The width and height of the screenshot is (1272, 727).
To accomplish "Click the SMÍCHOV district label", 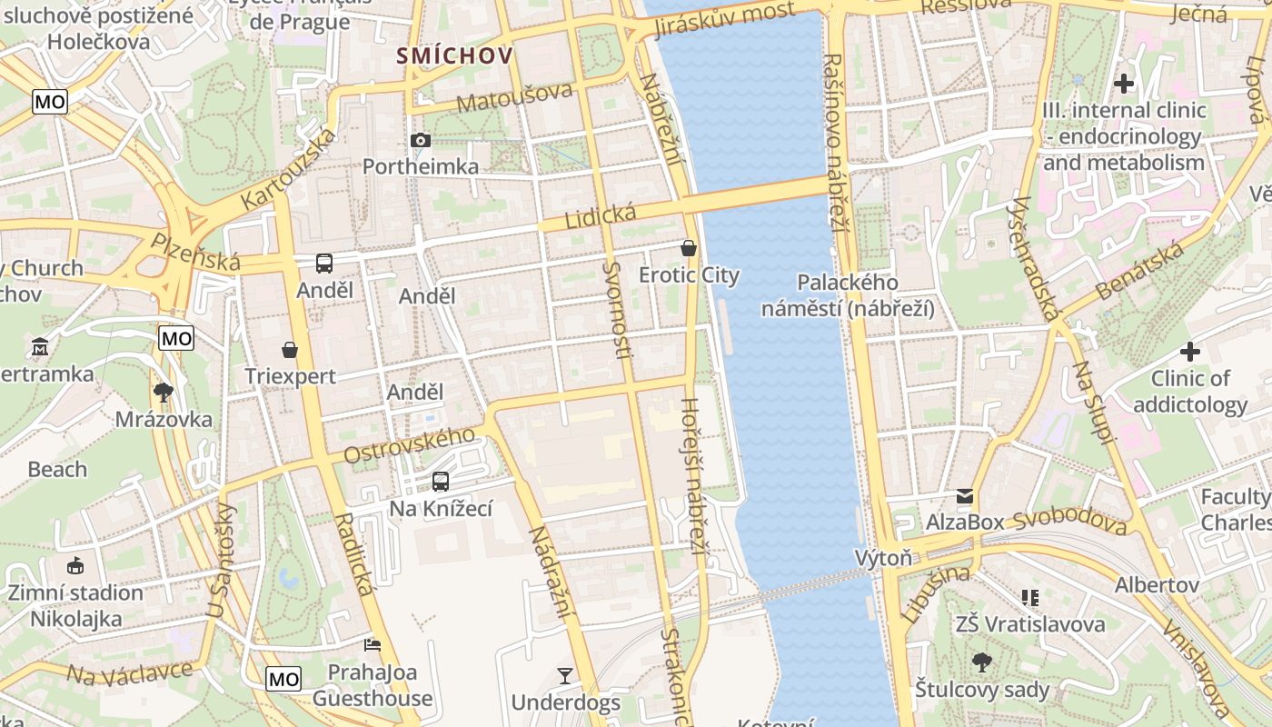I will point(454,56).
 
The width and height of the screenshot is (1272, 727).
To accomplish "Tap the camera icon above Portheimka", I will point(421,140).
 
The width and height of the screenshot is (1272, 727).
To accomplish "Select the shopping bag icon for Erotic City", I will point(689,247).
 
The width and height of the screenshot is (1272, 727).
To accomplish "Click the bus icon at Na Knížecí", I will point(441,481).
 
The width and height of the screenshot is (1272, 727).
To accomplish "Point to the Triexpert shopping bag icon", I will point(290,349).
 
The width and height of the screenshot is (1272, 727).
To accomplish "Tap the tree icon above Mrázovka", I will point(164,393).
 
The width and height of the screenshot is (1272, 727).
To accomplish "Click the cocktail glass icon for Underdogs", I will point(565,675).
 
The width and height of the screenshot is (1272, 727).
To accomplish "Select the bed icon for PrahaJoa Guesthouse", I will point(372,644).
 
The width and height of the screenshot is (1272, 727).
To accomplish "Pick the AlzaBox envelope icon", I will point(964,495).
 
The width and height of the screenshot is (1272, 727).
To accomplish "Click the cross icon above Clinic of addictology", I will point(1190,352).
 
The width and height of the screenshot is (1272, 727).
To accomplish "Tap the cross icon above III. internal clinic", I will point(1124,84).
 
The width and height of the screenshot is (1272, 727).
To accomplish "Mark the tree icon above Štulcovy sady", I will point(981,662).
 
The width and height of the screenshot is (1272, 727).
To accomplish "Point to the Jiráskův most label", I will point(723,21).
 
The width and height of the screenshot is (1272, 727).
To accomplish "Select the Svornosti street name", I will point(615,309).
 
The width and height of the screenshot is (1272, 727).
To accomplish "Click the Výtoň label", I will point(883,558).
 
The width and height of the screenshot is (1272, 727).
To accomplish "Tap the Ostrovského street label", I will point(409,444).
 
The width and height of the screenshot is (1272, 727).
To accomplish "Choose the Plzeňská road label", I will point(195,252).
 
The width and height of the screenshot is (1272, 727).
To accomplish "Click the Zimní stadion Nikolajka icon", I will point(75,565).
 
